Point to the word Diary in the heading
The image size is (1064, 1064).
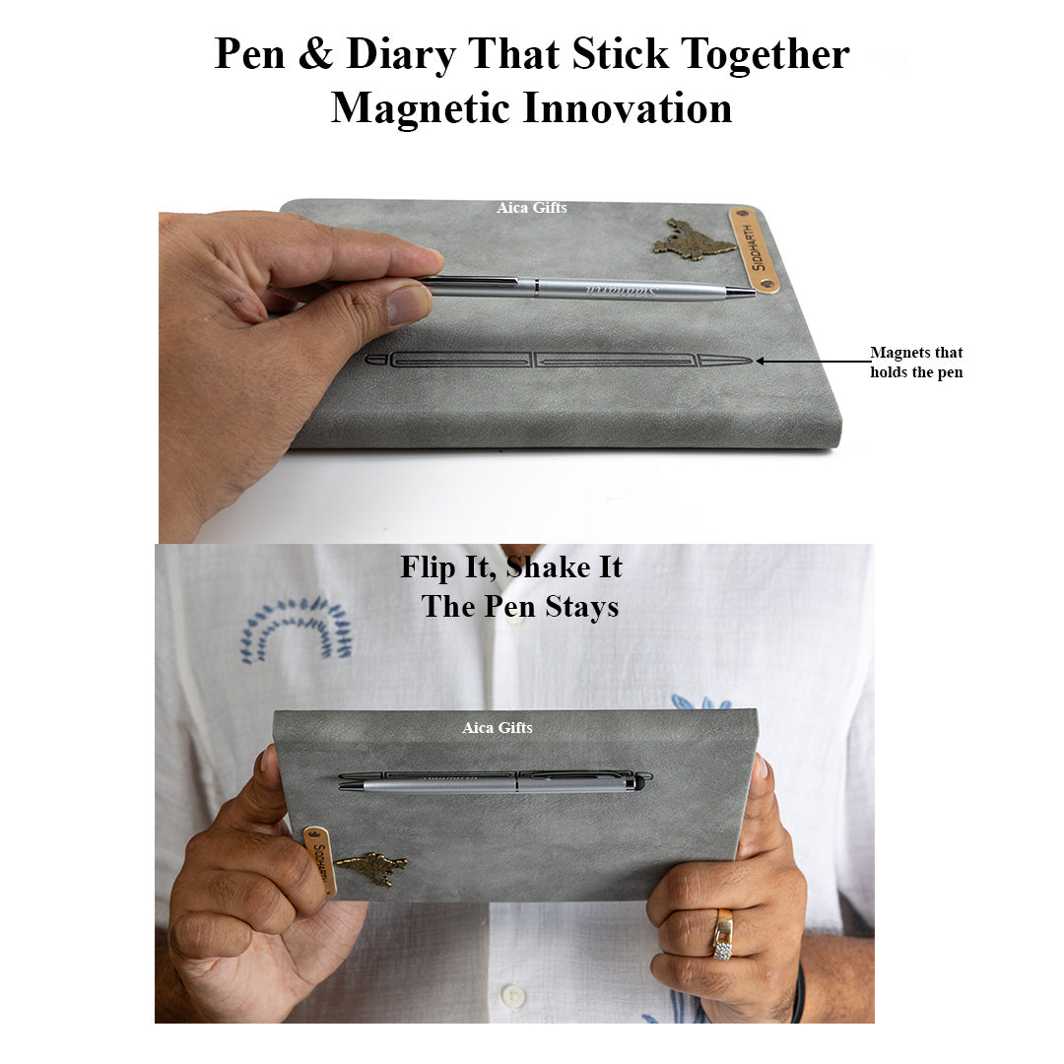pyautogui.click(x=402, y=54)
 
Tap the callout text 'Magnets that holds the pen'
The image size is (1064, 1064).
pyautogui.click(x=915, y=363)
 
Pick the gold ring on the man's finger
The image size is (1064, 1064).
pyautogui.click(x=723, y=934)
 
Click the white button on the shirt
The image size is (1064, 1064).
pyautogui.click(x=511, y=997)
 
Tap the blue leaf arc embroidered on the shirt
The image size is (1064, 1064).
pyautogui.click(x=296, y=626)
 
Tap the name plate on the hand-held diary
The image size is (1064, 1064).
pyautogui.click(x=319, y=860)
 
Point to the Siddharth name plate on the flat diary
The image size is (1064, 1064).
pyautogui.click(x=754, y=249)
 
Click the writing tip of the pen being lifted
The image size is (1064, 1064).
pyautogui.click(x=751, y=293)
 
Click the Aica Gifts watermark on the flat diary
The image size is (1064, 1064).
pyautogui.click(x=531, y=208)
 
